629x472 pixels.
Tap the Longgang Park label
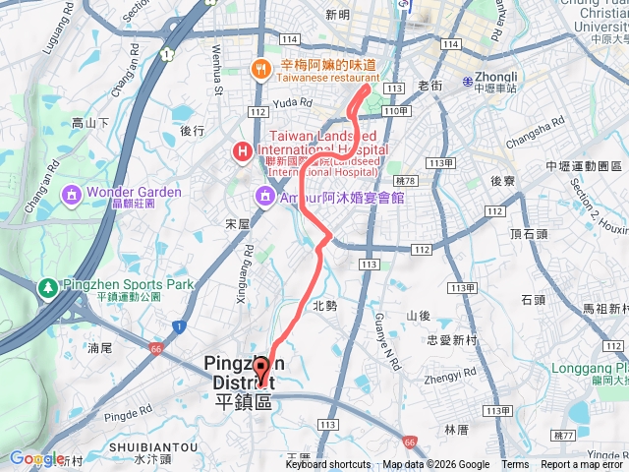coord(577,371)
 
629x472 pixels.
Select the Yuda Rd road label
coord(293,101)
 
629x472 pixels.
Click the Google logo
coord(36,458)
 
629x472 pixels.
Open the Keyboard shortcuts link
coord(328,465)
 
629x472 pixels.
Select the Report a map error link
coord(584,465)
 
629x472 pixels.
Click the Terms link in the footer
coord(515,465)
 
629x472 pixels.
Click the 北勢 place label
coord(324,306)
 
